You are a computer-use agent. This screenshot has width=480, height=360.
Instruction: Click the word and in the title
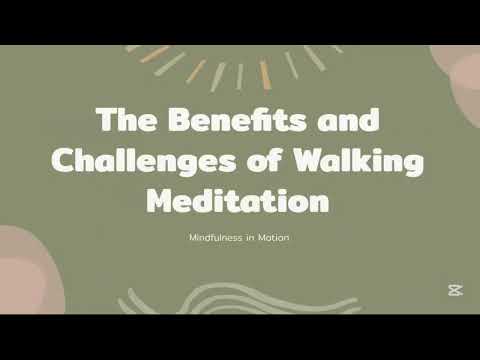click(345, 121)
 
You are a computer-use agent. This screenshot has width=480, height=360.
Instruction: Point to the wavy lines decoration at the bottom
click(234, 300)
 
